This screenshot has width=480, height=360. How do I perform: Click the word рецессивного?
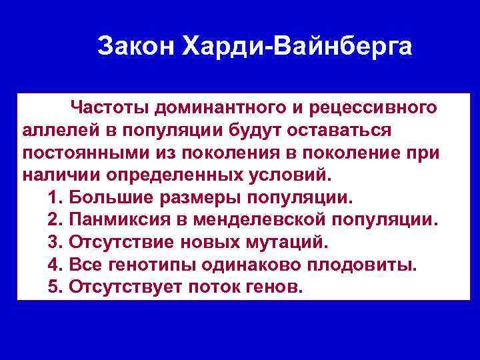pos(374,106)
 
